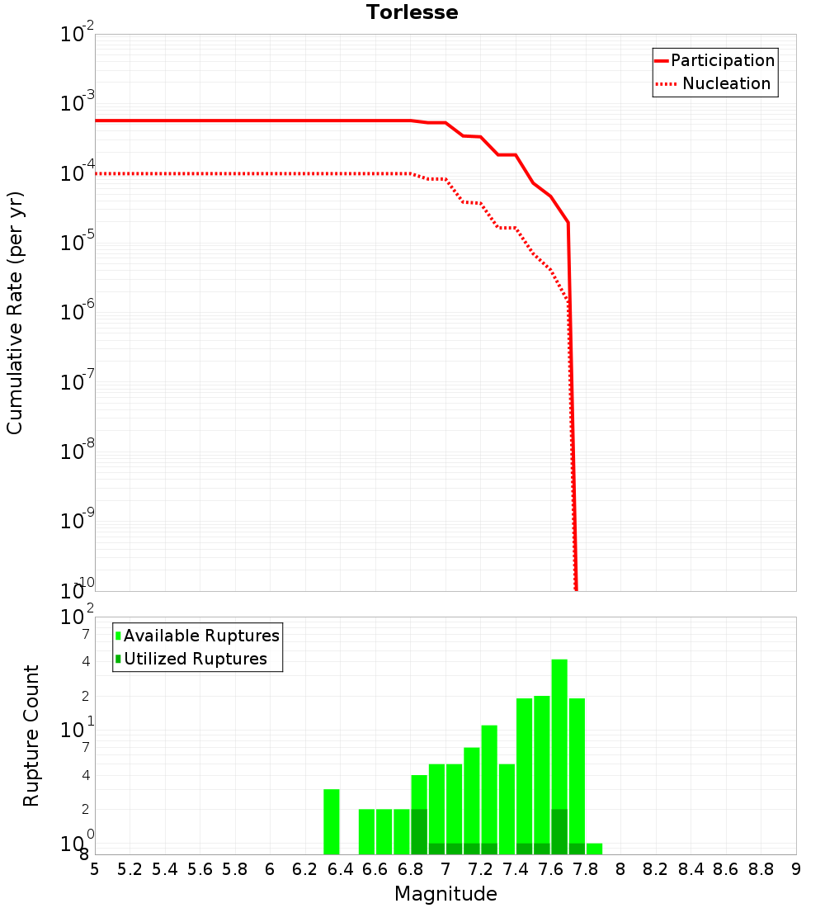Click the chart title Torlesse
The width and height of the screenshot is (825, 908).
point(412,12)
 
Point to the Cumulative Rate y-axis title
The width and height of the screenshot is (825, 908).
point(16,313)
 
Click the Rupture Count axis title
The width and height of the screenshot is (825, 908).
point(31,735)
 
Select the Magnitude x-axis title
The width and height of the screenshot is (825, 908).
point(445,894)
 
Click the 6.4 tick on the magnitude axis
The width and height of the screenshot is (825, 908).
point(340,869)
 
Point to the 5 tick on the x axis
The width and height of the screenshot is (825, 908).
point(95,869)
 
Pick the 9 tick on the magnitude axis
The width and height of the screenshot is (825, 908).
point(795,869)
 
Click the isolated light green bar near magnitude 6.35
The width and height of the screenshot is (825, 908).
point(332,821)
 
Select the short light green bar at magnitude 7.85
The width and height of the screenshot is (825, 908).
point(594,849)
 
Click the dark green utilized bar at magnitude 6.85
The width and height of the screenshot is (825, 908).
point(419,831)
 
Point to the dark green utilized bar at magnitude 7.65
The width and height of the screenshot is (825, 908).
point(559,831)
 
